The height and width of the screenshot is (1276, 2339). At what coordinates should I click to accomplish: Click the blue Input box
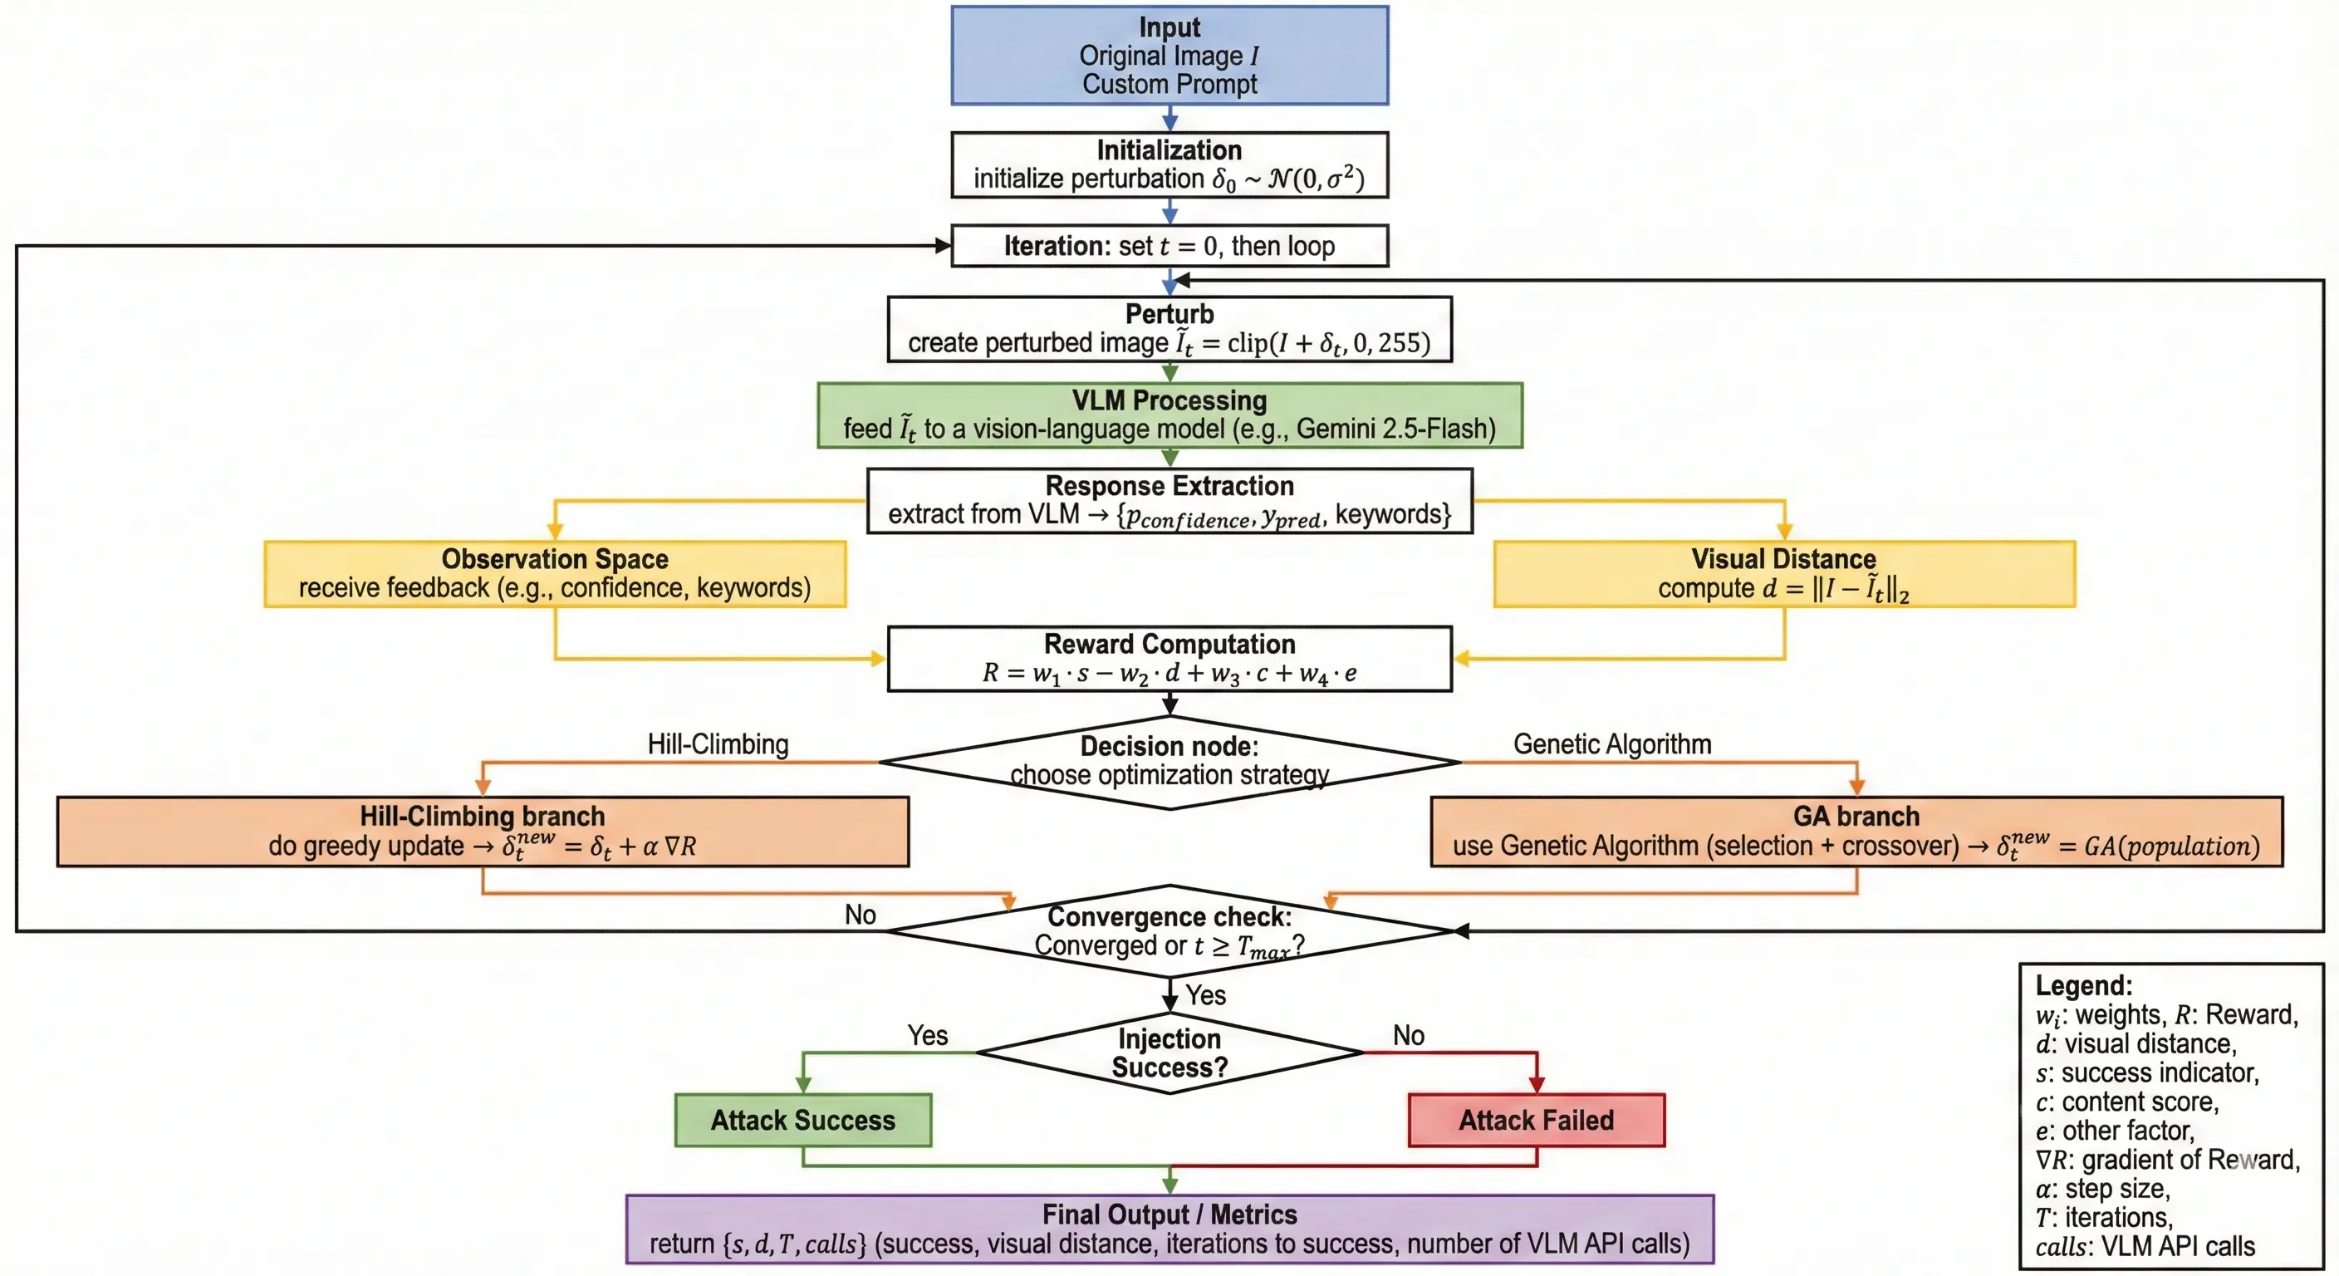1169,56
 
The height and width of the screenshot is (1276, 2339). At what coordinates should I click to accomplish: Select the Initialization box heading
1169,150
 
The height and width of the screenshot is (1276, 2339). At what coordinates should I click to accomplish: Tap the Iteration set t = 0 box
1169,246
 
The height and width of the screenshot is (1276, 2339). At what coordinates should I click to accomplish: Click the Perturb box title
1169,314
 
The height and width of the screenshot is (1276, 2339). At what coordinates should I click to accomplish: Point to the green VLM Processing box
1169,415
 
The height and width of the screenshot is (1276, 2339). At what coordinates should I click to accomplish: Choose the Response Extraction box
1169,500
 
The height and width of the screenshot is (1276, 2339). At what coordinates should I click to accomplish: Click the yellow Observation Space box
555,574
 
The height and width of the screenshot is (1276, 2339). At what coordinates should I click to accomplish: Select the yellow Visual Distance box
1784,574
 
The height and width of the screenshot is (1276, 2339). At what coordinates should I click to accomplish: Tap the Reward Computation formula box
1169,660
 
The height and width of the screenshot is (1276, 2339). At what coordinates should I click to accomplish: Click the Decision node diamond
1169,761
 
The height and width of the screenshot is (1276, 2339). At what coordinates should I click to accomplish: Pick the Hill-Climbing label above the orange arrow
718,744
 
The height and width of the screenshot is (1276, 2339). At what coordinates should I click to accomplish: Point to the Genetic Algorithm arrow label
1611,744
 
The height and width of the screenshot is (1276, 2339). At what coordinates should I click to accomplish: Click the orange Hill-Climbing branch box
482,832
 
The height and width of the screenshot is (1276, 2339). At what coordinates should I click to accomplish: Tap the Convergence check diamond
1169,931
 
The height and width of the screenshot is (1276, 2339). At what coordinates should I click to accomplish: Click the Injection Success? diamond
1169,1053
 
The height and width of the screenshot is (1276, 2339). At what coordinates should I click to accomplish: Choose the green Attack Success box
802,1121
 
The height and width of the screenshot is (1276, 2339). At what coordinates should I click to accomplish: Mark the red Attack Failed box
1537,1121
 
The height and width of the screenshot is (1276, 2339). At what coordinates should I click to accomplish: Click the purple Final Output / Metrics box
1169,1229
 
